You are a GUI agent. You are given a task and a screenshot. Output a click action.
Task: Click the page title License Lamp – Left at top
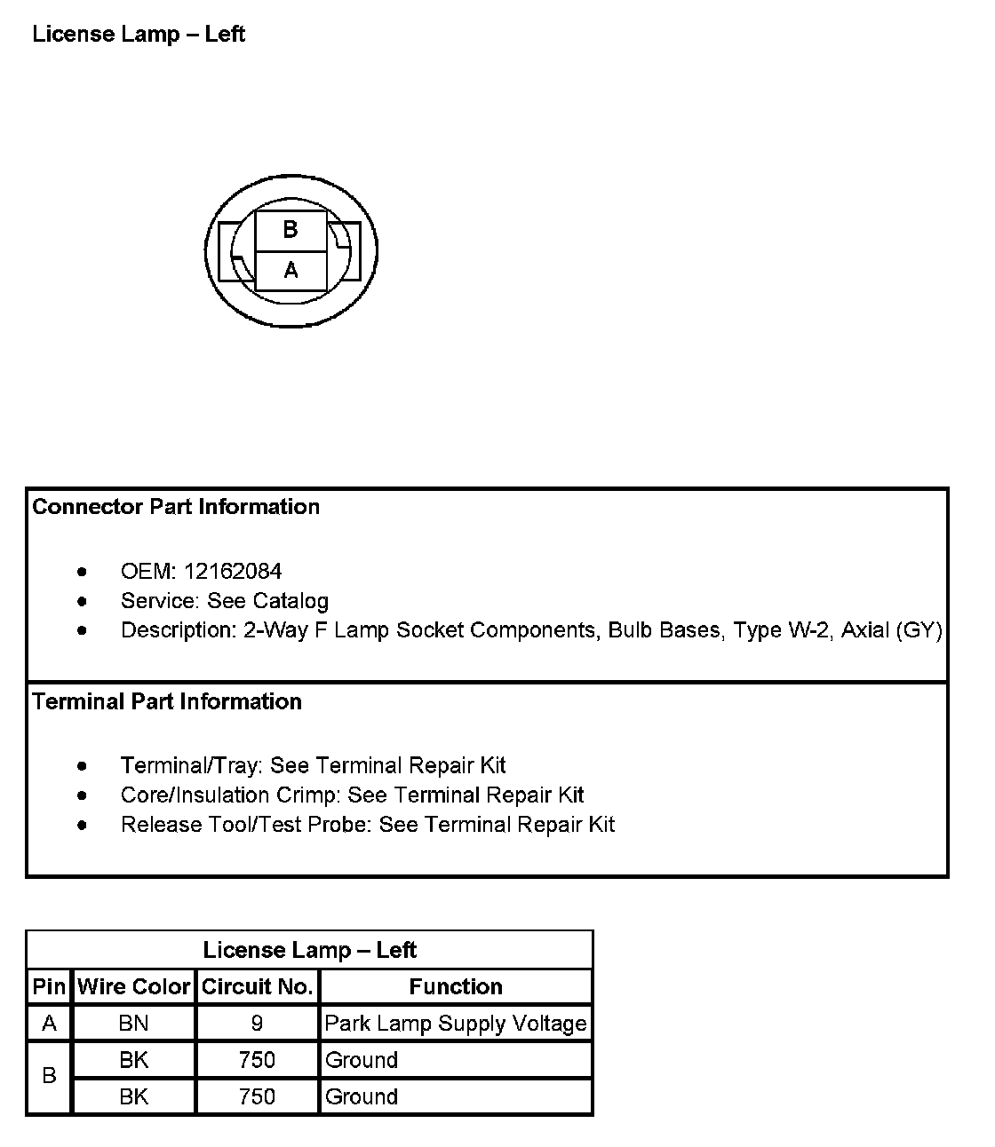pyautogui.click(x=139, y=35)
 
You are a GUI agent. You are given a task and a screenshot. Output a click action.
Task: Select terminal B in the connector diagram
pyautogui.click(x=291, y=230)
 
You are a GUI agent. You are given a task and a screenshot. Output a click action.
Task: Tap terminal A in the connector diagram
pyautogui.click(x=291, y=270)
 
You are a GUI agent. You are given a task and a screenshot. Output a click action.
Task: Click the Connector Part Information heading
pyautogui.click(x=176, y=507)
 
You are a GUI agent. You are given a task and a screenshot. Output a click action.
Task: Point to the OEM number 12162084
pyautogui.click(x=233, y=572)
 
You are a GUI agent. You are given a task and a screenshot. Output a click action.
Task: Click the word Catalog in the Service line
pyautogui.click(x=291, y=601)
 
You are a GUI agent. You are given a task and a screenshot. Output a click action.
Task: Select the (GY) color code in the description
pyautogui.click(x=919, y=630)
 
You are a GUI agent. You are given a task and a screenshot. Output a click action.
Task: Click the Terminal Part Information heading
pyautogui.click(x=167, y=702)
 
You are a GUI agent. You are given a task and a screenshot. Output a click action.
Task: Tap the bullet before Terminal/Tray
pyautogui.click(x=83, y=765)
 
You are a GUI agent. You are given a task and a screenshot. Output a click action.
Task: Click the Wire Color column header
pyautogui.click(x=134, y=986)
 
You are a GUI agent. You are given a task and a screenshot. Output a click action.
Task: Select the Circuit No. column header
pyautogui.click(x=257, y=986)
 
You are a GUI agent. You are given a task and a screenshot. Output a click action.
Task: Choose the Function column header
pyautogui.click(x=456, y=986)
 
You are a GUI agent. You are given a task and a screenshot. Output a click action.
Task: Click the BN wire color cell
pyautogui.click(x=134, y=1024)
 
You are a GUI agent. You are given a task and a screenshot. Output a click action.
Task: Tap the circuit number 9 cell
pyautogui.click(x=257, y=1024)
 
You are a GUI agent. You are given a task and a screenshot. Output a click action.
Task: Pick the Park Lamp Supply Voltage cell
pyautogui.click(x=456, y=1024)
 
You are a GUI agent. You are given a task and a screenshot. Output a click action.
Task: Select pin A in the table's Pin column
pyautogui.click(x=50, y=1024)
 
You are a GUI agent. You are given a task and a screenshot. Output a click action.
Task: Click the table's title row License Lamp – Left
pyautogui.click(x=309, y=950)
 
